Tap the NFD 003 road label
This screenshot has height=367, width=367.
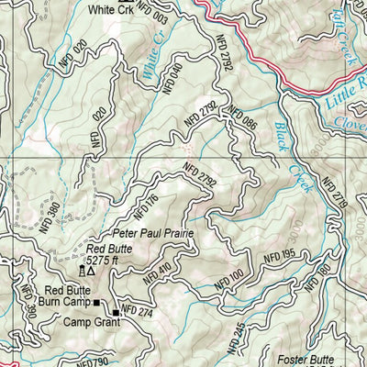pos(157,17)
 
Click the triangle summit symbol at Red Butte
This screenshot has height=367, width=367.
pos(92,272)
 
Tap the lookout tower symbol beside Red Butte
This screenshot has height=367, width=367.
pos(82,272)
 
